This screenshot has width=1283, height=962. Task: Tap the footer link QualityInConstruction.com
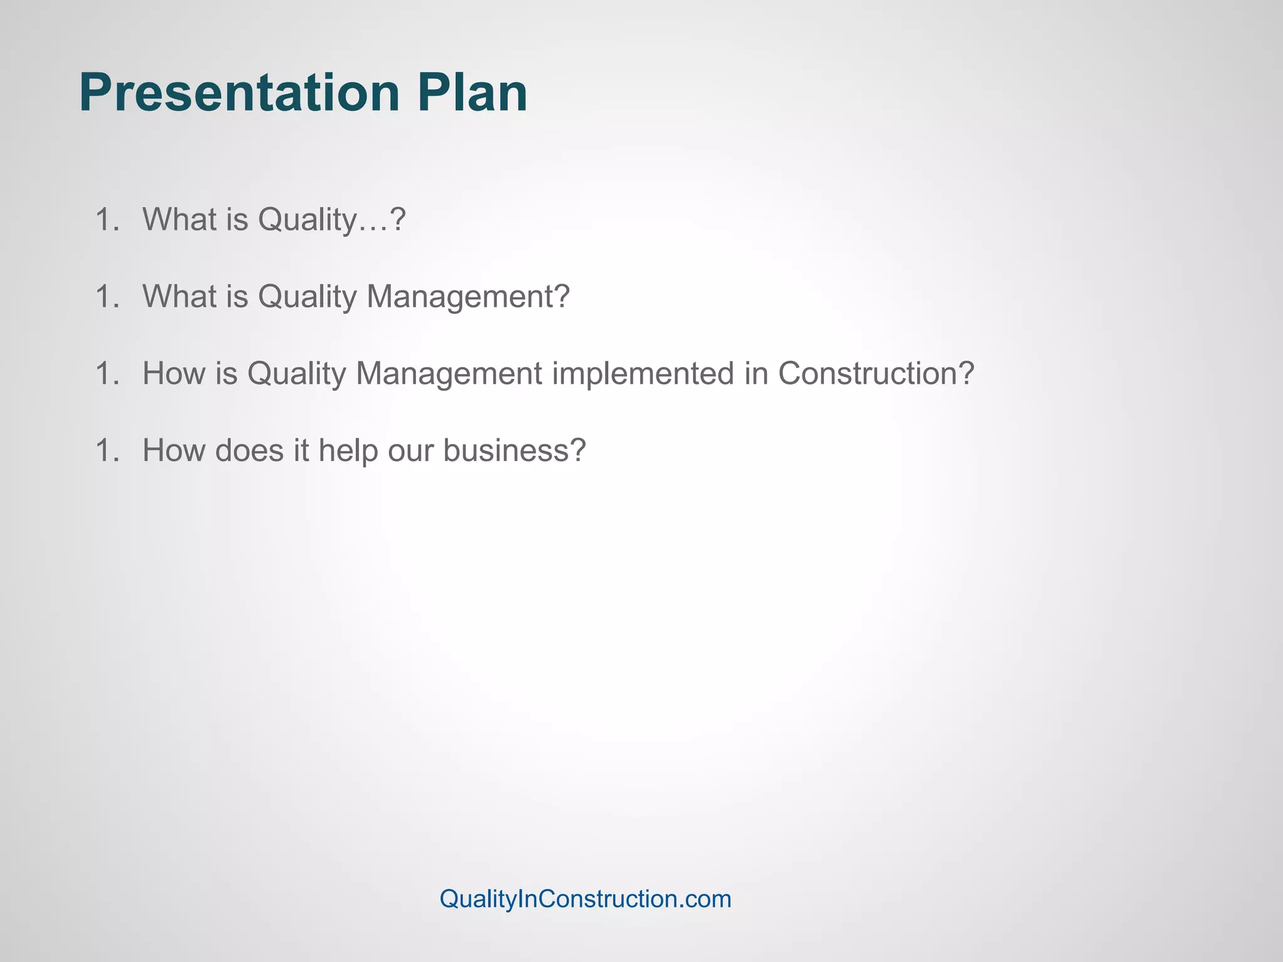coord(585,899)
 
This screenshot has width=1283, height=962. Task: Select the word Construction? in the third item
coord(876,373)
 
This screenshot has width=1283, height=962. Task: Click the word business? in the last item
coord(514,450)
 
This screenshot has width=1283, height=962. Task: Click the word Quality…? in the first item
coord(332,220)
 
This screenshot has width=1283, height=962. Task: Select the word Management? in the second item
coord(468,297)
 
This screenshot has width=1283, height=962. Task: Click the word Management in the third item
coord(449,375)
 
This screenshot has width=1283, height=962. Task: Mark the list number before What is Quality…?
coord(107,220)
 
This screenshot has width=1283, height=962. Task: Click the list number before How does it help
coord(107,450)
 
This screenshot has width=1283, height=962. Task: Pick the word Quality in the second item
coord(307,297)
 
